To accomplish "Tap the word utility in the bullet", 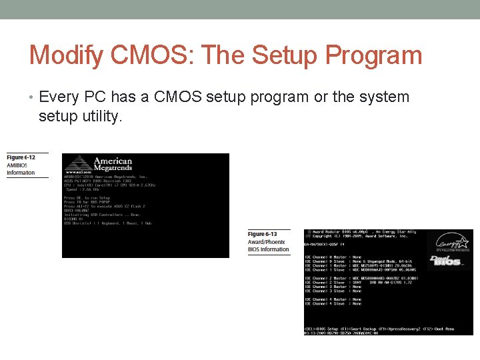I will click(99, 117).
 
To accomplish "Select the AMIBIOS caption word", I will click(17, 165).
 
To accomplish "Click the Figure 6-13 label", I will click(262, 235).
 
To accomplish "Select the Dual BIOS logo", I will click(447, 261).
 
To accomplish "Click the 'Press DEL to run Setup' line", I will click(87, 198).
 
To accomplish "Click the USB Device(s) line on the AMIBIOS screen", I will click(107, 223).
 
